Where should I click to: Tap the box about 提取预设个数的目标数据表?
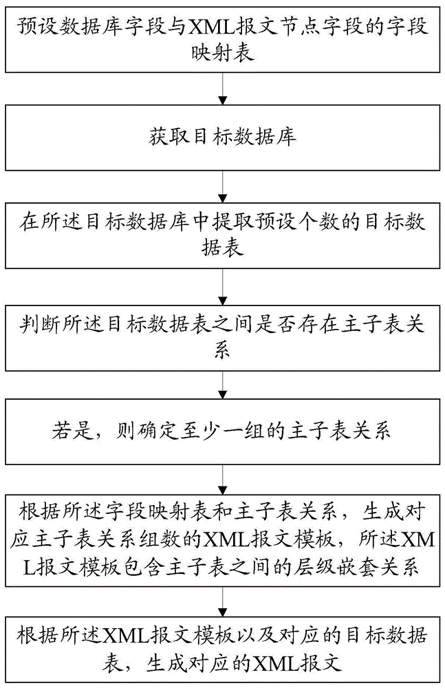click(222, 235)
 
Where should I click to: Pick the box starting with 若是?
click(222, 431)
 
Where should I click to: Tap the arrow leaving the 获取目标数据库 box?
click(222, 186)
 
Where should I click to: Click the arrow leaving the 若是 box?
click(222, 480)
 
